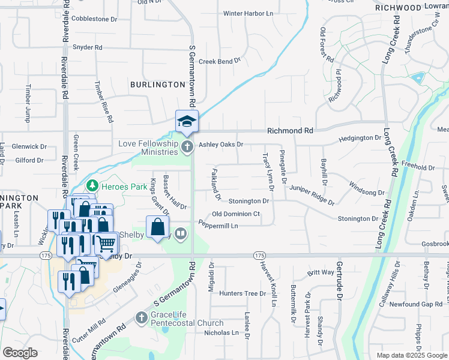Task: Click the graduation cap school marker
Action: coord(187,121)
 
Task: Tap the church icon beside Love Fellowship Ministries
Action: coord(187,146)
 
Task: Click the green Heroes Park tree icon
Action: coord(92,187)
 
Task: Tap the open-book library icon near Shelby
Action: coord(181,233)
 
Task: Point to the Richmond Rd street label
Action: coord(290,130)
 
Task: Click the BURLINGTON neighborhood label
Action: coord(157,85)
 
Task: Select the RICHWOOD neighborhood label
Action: coord(398,8)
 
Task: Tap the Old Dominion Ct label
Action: coord(236,214)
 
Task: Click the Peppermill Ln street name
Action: coord(218,226)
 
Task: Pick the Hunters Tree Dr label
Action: coord(242,293)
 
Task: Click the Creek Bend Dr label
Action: coord(219,61)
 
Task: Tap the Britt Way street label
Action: coord(320,272)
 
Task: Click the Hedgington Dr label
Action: coord(360,138)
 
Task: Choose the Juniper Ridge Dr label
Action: coord(311,192)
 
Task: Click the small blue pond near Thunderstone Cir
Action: coord(416,77)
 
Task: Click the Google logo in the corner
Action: coord(20,353)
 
